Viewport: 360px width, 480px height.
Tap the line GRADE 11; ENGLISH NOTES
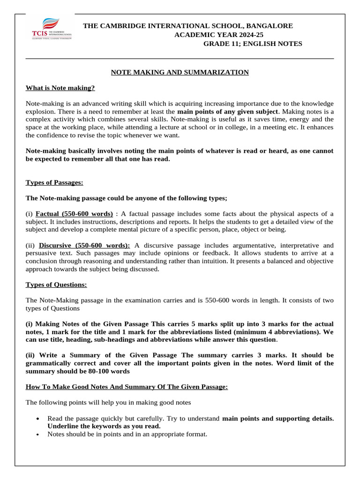[252, 44]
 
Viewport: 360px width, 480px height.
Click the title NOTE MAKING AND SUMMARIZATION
[180, 72]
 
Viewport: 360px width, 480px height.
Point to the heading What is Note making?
[60, 88]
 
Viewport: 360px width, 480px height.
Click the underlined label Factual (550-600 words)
[74, 214]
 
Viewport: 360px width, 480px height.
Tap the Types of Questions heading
[56, 285]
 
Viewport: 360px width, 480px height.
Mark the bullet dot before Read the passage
[37, 419]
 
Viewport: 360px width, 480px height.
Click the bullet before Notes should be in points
[37, 435]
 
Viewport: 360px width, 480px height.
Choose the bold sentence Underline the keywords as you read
[104, 426]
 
